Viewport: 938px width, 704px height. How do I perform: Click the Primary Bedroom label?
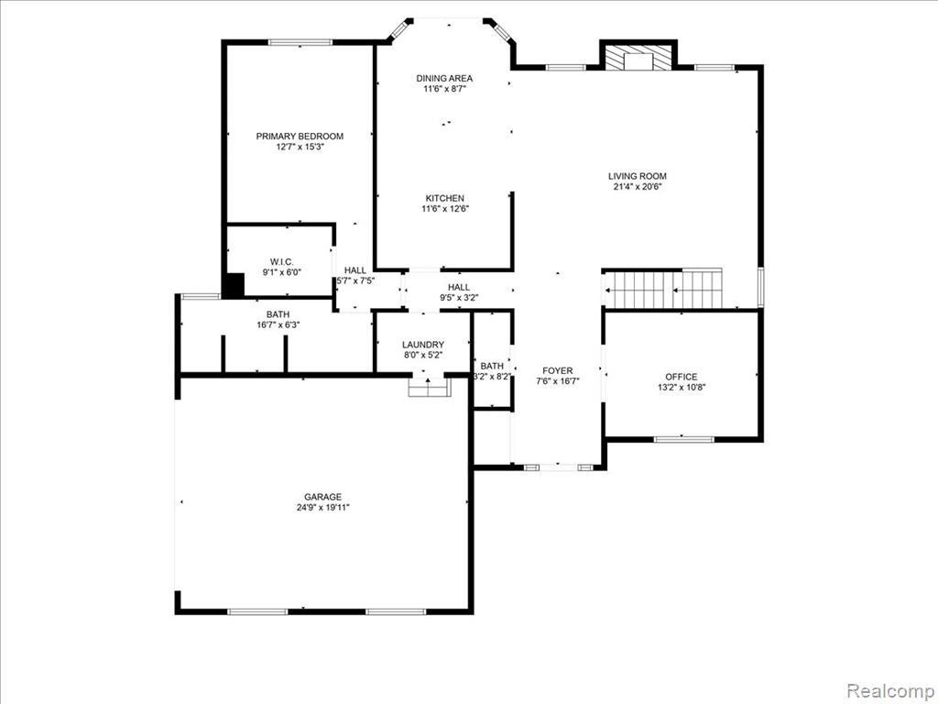[300, 137]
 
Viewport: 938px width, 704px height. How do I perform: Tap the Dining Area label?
[444, 79]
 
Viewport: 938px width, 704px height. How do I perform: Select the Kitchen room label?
[444, 198]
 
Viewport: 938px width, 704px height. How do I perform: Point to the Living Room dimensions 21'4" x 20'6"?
[638, 186]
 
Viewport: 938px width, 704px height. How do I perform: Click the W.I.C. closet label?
[282, 261]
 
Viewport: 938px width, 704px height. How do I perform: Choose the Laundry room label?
[423, 345]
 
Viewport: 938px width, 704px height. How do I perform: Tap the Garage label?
[323, 497]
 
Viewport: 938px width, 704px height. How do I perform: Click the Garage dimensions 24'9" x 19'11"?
[323, 508]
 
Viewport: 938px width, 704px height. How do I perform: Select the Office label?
[682, 377]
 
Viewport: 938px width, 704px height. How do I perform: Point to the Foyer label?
[558, 371]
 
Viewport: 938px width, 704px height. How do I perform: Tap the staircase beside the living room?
[664, 290]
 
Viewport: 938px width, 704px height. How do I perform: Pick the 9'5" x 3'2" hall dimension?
[459, 298]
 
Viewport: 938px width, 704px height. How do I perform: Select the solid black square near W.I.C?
[234, 284]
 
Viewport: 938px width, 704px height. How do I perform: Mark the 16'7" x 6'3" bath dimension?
[278, 325]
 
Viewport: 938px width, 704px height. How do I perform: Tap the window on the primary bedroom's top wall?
[300, 42]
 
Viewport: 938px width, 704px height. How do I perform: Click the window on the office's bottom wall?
[683, 439]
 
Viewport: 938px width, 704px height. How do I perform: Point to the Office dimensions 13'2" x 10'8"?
[682, 388]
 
